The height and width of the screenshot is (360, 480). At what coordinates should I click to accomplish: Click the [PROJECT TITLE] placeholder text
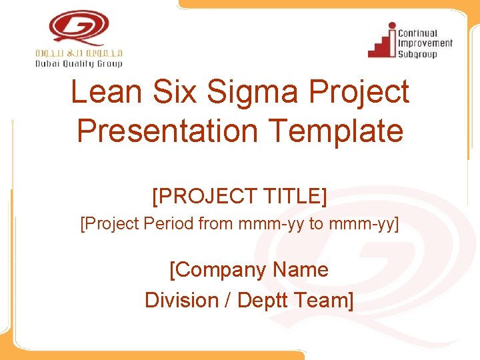tap(240, 196)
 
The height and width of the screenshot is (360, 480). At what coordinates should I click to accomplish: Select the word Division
tap(181, 301)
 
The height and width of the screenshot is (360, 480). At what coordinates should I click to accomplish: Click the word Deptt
tap(265, 301)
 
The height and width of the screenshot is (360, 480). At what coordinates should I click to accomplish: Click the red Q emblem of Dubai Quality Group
tap(79, 28)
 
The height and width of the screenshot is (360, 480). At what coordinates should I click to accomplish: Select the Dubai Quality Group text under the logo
tap(79, 64)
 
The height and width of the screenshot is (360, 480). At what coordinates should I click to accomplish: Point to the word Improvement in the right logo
tap(425, 43)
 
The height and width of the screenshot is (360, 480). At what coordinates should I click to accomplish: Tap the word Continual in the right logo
tap(417, 33)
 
